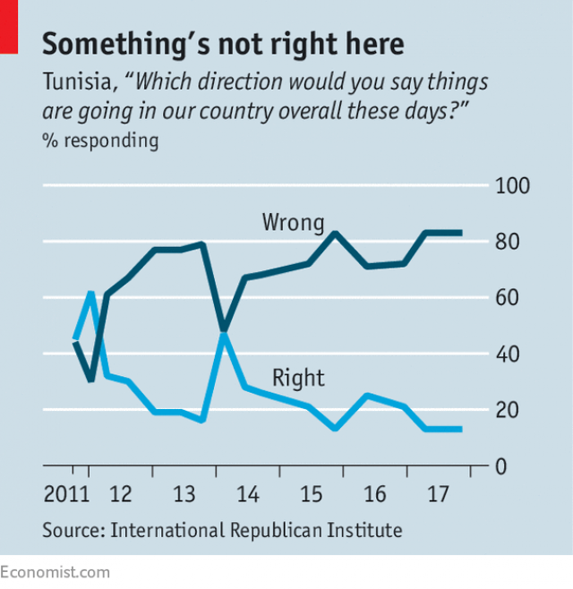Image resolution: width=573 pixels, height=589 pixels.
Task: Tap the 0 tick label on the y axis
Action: click(504, 466)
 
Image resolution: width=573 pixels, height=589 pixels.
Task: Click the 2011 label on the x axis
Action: click(66, 495)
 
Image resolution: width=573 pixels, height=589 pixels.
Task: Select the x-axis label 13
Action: click(184, 495)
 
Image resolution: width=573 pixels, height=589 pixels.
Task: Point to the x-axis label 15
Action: click(311, 495)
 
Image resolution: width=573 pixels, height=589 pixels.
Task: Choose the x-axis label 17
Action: click(438, 495)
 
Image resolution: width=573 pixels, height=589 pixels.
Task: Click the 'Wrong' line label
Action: click(293, 222)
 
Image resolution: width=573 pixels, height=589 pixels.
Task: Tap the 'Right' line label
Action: click(298, 378)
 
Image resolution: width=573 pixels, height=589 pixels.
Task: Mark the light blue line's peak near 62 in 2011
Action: click(90, 293)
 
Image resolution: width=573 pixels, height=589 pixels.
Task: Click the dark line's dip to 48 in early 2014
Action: click(223, 329)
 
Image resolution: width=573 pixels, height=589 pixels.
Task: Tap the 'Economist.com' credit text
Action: click(56, 572)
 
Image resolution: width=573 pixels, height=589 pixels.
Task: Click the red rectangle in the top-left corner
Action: click(9, 25)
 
